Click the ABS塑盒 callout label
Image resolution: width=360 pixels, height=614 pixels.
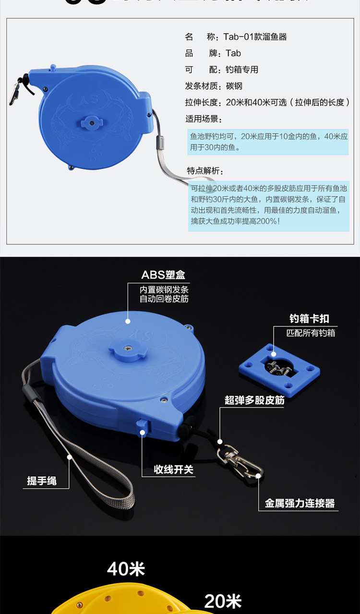click(163, 275)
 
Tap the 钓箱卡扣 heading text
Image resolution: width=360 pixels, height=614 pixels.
click(309, 319)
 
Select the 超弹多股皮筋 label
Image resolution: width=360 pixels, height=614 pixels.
click(254, 400)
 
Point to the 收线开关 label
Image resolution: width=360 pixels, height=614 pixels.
click(173, 469)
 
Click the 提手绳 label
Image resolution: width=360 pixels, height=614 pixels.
click(42, 481)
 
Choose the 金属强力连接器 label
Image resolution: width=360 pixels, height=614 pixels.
click(300, 504)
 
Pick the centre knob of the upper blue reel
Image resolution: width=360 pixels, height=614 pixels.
click(91, 122)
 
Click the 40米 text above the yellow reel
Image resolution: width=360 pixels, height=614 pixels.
click(126, 569)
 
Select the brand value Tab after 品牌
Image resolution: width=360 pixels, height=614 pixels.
click(233, 53)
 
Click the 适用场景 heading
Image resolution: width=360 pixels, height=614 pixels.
click(204, 119)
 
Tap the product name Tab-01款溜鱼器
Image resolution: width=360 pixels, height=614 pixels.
click(255, 37)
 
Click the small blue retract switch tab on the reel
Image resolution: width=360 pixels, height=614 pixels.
click(143, 425)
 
